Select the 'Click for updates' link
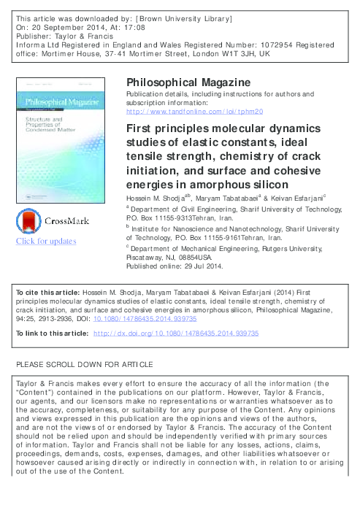coord(45,241)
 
